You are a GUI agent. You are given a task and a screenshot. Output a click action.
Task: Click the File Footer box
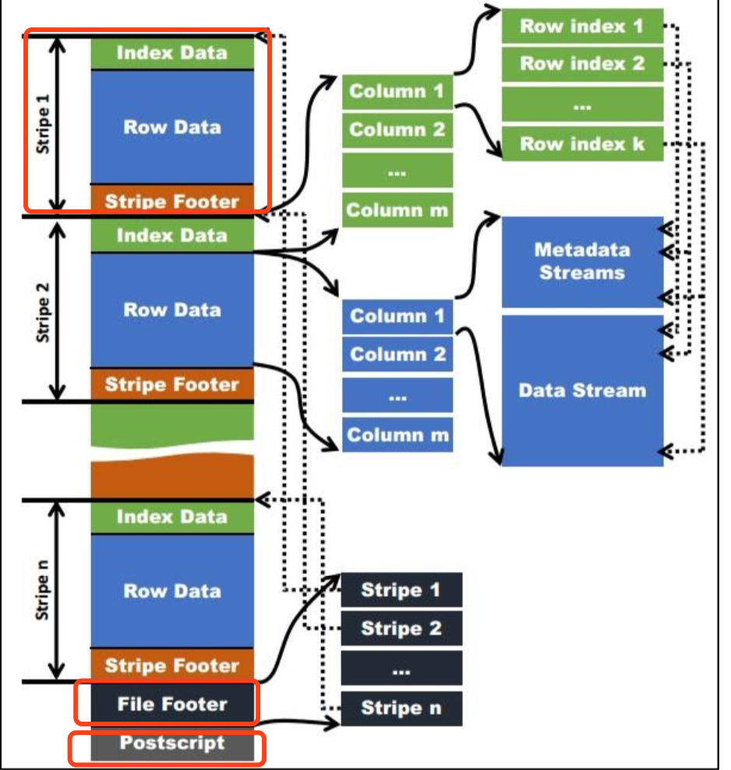pyautogui.click(x=172, y=704)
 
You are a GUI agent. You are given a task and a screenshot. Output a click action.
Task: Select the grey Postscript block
pyautogui.click(x=172, y=744)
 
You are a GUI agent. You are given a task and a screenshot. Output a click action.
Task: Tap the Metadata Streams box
pyautogui.click(x=582, y=262)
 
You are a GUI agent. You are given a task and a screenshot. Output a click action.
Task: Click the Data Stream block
pyautogui.click(x=582, y=390)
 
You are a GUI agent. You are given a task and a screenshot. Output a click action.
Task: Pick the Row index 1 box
pyautogui.click(x=582, y=26)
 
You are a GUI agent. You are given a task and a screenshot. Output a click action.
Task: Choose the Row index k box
pyautogui.click(x=582, y=144)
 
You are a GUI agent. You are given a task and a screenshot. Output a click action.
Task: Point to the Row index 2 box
pyautogui.click(x=582, y=64)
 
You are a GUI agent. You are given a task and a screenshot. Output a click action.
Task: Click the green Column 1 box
pyautogui.click(x=397, y=91)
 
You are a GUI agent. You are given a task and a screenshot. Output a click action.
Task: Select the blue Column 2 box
pyautogui.click(x=397, y=355)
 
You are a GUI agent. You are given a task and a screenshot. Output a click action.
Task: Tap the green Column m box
pyautogui.click(x=397, y=210)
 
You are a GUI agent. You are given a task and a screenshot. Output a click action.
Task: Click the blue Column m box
pyautogui.click(x=397, y=435)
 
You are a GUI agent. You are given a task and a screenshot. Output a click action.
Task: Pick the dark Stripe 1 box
pyautogui.click(x=401, y=590)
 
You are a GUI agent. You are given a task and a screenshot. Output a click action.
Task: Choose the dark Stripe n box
pyautogui.click(x=401, y=708)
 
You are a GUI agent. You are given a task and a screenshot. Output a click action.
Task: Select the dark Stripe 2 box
pyautogui.click(x=401, y=628)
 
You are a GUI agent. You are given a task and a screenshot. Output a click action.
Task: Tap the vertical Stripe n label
pyautogui.click(x=44, y=590)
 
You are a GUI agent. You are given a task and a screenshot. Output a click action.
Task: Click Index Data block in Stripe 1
pyautogui.click(x=172, y=53)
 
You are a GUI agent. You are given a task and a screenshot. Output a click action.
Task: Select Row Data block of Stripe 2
pyautogui.click(x=172, y=309)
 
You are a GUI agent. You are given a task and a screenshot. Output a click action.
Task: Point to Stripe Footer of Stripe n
pyautogui.click(x=172, y=666)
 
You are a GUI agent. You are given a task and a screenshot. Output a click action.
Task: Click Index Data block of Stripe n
pyautogui.click(x=172, y=517)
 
